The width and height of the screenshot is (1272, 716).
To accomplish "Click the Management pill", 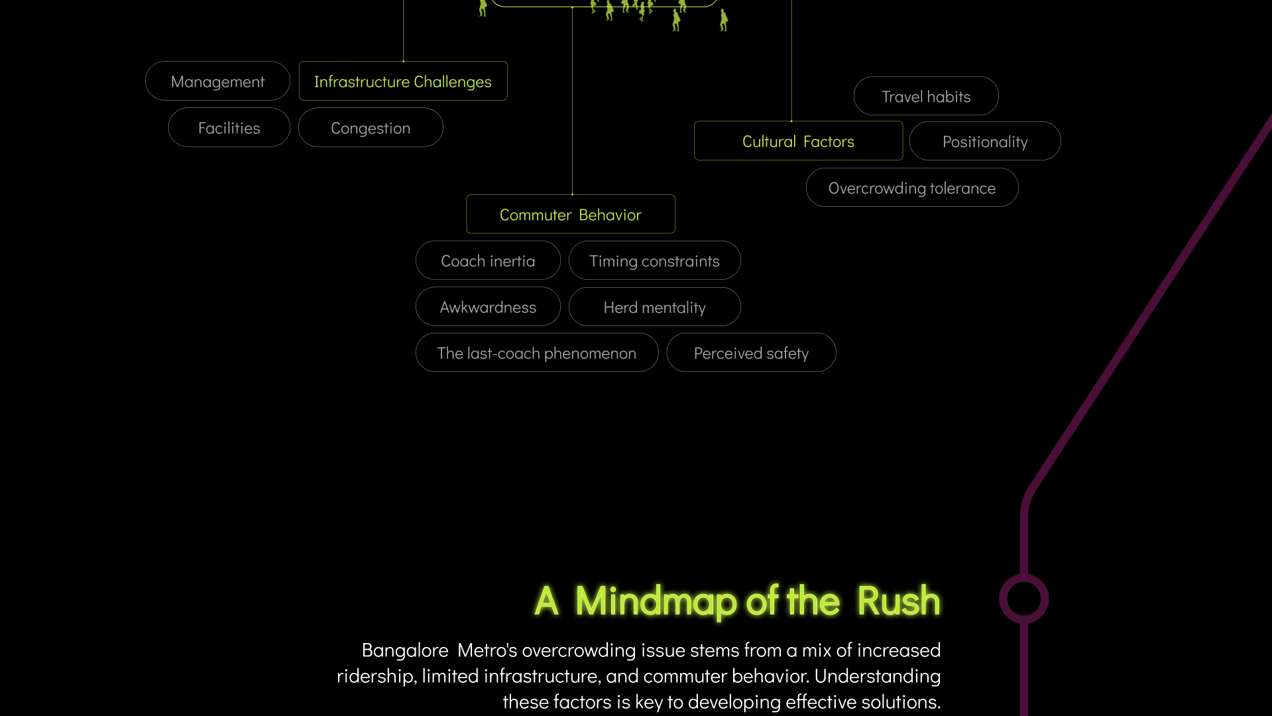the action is (217, 82).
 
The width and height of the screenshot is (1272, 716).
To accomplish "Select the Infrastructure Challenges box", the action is (403, 82).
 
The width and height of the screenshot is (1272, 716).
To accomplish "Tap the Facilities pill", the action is (229, 128).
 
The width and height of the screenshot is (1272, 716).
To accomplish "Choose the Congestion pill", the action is (371, 128).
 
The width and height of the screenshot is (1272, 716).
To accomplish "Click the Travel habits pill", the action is (926, 97).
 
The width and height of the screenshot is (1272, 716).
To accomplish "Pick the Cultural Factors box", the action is (798, 141).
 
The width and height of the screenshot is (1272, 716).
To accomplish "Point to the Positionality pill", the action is (985, 142).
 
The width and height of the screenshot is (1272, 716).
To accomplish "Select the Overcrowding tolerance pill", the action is (911, 188).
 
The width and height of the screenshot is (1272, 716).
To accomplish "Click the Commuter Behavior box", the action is (571, 215).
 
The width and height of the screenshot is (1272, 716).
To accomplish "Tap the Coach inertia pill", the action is (488, 261).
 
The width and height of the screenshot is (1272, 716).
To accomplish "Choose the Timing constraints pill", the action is (654, 261).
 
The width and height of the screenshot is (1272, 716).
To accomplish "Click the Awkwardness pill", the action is (488, 307).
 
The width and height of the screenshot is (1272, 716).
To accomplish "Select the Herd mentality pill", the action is (654, 308).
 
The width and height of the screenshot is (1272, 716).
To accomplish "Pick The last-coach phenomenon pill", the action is (536, 353).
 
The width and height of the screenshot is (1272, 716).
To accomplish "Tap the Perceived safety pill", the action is (751, 353).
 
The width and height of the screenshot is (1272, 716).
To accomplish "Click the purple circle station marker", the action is (1023, 599).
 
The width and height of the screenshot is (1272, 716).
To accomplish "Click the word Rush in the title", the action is (898, 601).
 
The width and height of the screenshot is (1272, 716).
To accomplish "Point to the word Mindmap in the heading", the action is (656, 601).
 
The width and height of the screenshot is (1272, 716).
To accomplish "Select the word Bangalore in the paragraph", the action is (405, 650).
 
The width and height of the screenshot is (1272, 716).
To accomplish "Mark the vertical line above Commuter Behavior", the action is (572, 99).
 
